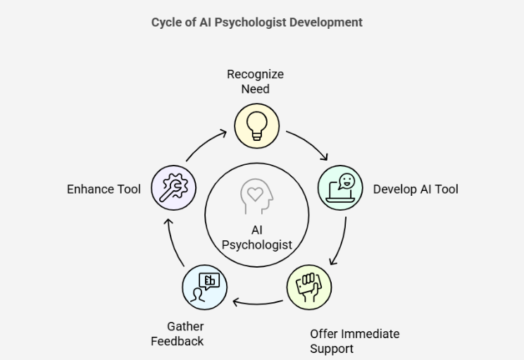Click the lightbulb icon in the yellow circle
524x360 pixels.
click(256, 127)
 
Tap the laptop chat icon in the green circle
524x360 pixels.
click(341, 188)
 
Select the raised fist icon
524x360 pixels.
click(308, 287)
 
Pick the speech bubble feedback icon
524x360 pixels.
click(204, 287)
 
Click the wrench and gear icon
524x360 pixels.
click(173, 188)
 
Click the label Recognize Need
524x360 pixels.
click(255, 82)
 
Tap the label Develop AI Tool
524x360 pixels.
click(416, 189)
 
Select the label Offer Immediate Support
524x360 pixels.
click(354, 341)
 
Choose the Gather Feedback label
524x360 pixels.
click(177, 334)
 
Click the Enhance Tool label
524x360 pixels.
click(104, 189)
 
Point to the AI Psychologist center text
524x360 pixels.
click(256, 238)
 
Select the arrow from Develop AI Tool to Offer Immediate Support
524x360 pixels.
click(340, 242)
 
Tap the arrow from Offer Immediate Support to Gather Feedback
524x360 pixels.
click(257, 304)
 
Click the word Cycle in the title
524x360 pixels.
click(166, 22)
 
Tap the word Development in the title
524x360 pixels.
click(327, 22)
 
